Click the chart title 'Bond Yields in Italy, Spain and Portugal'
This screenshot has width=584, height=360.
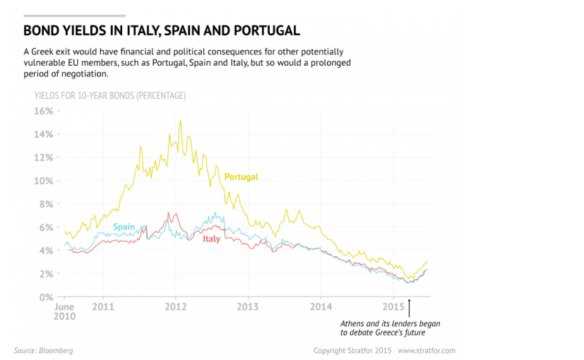(162, 31)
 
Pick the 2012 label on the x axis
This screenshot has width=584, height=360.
(175, 307)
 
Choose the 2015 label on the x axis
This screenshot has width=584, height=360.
(393, 307)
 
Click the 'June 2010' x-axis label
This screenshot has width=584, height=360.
(64, 311)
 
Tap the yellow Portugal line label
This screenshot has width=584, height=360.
(241, 176)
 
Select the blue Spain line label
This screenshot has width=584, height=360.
(124, 227)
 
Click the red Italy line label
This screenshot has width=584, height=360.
(211, 239)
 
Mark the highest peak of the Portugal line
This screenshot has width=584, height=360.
(180, 121)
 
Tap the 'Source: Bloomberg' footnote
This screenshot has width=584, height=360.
(43, 350)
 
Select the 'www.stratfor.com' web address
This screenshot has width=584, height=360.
(427, 350)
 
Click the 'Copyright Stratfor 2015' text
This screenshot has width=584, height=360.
(352, 350)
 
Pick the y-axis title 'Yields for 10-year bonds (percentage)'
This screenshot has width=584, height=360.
(109, 95)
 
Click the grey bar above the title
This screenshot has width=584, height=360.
(74, 15)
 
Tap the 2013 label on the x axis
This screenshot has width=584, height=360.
(248, 307)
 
